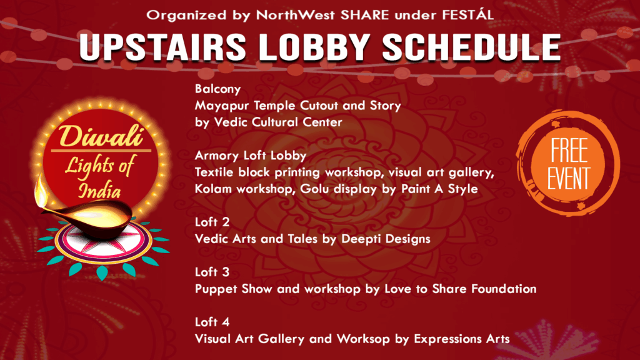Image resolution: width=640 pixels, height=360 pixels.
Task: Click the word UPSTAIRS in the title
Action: (163, 47)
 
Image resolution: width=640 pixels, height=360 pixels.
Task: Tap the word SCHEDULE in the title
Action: (471, 47)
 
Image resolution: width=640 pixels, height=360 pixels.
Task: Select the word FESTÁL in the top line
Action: (468, 15)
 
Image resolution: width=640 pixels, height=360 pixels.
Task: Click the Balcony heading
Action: (217, 89)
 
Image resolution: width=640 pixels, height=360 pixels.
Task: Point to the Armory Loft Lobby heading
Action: (251, 156)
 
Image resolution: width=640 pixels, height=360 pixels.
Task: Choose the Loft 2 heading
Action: (212, 222)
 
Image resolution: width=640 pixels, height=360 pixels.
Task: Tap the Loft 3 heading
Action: (212, 272)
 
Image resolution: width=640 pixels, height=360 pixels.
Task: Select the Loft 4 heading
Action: (212, 322)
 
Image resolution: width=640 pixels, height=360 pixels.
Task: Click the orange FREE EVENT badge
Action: (569, 163)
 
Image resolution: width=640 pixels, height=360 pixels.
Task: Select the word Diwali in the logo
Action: (101, 136)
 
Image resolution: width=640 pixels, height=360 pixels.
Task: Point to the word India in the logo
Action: (99, 191)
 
